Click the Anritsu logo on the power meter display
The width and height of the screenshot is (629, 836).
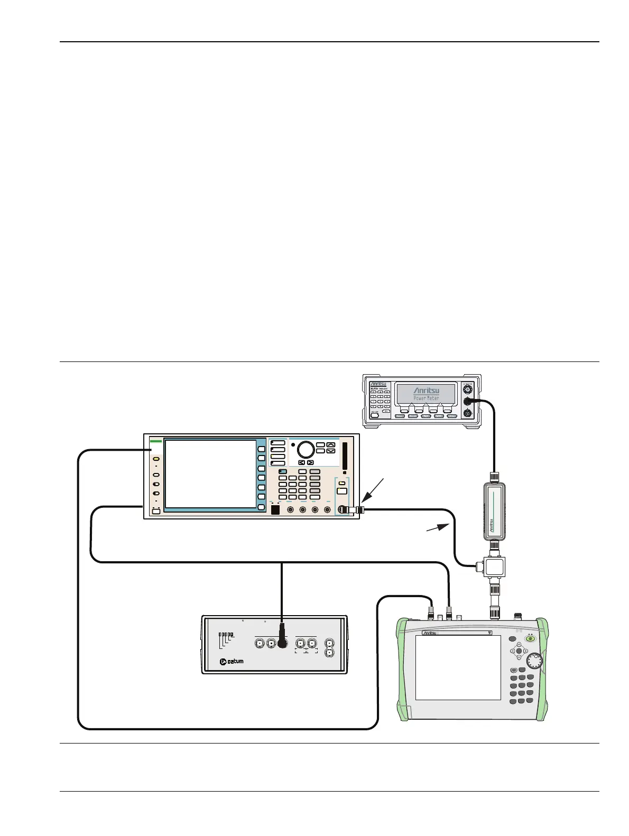pos(426,391)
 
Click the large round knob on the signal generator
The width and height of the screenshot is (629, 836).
pos(306,449)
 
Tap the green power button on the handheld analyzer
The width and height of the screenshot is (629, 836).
pos(530,638)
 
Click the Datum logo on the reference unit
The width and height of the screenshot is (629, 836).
pos(232,661)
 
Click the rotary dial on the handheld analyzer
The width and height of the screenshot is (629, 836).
pos(535,661)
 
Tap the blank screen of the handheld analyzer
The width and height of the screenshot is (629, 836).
pos(458,667)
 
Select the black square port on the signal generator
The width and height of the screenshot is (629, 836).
pos(274,509)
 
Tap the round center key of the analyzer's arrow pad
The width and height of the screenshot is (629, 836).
pos(518,651)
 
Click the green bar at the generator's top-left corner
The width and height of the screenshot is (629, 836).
pos(155,440)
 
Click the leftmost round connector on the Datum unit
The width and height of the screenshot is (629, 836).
pos(259,643)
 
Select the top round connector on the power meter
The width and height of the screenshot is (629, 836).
pos(466,389)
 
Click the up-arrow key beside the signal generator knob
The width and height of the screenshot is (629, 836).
pos(331,445)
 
